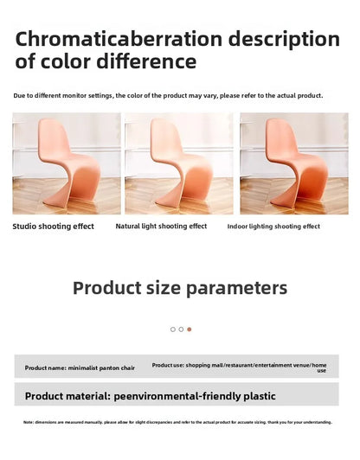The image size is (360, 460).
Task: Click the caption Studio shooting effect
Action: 53,227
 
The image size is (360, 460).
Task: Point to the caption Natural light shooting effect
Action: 161,227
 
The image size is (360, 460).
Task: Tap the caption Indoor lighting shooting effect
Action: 273,227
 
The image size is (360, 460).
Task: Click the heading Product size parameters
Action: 179,288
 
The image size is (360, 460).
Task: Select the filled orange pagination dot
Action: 190,329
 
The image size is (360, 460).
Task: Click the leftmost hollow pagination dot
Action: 172,329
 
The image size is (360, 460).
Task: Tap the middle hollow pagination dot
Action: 181,329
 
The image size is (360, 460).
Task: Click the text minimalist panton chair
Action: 102,368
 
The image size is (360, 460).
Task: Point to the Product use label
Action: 168,366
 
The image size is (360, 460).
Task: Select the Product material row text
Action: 150,396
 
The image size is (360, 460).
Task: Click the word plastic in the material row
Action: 258,396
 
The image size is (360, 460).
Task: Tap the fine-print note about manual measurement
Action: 177,422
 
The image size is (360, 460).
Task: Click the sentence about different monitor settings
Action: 168,95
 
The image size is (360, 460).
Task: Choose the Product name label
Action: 45,368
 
